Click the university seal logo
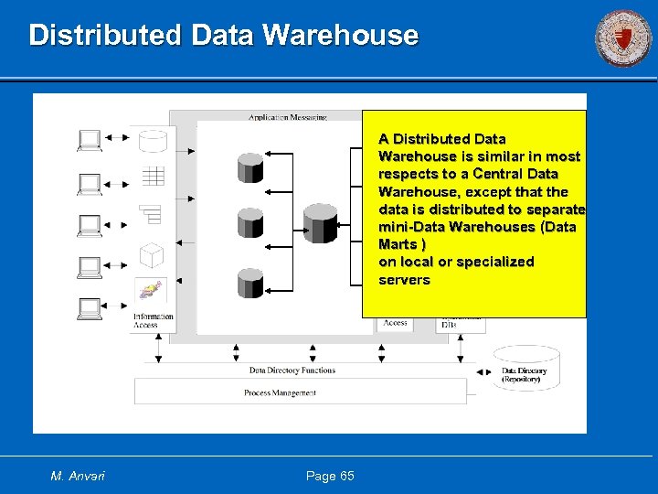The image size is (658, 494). [x=623, y=38]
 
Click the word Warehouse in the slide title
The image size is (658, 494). [x=340, y=36]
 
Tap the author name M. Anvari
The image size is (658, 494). [x=78, y=476]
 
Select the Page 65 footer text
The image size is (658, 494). [x=330, y=476]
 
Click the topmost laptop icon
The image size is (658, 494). [x=90, y=139]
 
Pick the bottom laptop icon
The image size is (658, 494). [x=90, y=308]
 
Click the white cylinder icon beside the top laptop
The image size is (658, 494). [x=152, y=140]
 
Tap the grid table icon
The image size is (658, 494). [x=152, y=176]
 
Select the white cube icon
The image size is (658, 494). [x=152, y=255]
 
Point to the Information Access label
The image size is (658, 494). [x=152, y=320]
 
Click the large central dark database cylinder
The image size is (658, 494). [x=320, y=223]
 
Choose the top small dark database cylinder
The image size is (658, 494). [x=250, y=167]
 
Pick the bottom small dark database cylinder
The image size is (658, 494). [x=250, y=282]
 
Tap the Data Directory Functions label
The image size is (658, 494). [x=292, y=370]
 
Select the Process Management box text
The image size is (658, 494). [x=280, y=392]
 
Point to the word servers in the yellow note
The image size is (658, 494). [x=404, y=279]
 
